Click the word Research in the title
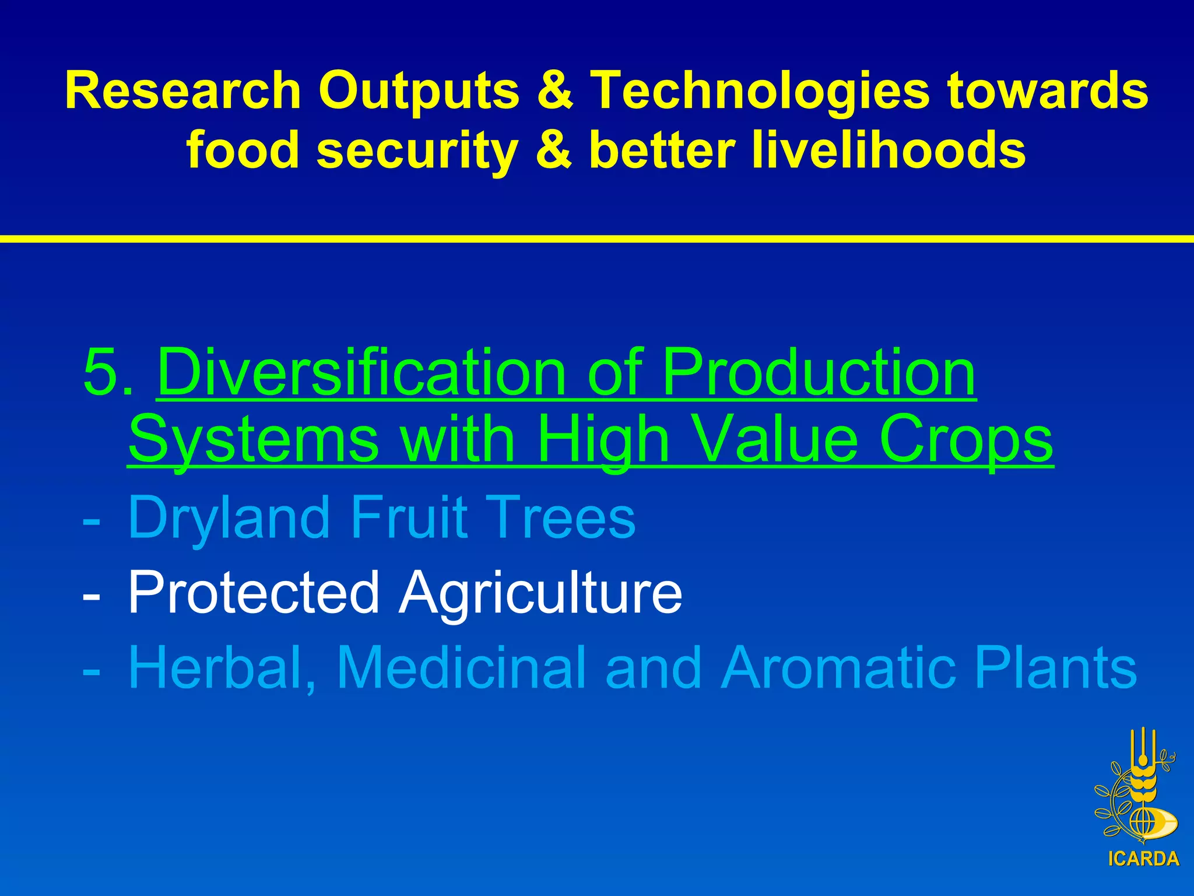point(182,90)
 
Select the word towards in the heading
point(1047,90)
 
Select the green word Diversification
point(361,372)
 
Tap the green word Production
point(819,372)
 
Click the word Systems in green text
point(254,439)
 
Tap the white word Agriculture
point(540,593)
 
